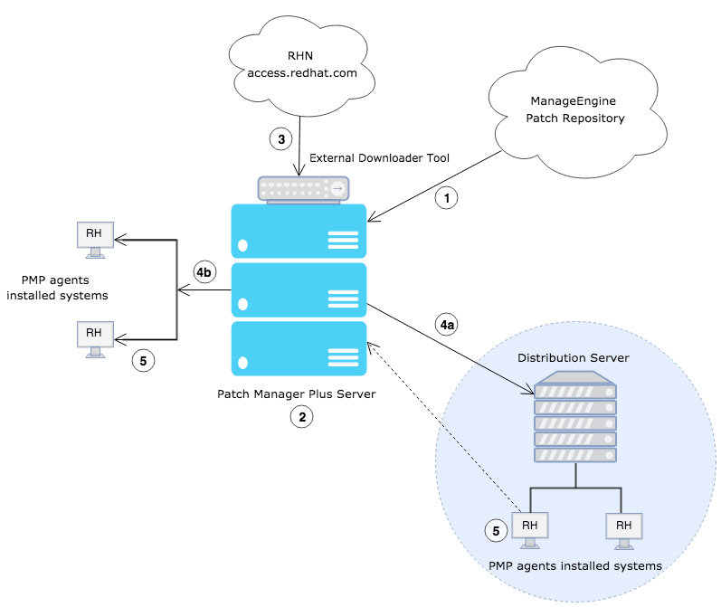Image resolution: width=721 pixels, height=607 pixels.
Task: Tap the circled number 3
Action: click(x=281, y=139)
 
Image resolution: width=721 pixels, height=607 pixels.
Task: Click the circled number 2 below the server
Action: click(x=300, y=417)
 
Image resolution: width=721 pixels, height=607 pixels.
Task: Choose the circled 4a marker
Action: click(x=446, y=323)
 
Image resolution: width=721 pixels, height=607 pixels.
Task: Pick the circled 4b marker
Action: click(x=204, y=271)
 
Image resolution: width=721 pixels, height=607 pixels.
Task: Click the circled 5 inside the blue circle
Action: click(x=495, y=531)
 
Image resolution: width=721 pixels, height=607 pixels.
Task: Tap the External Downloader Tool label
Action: click(x=380, y=157)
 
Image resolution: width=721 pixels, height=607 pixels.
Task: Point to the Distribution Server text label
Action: click(x=574, y=358)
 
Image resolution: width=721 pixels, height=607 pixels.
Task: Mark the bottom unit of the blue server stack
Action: click(x=299, y=349)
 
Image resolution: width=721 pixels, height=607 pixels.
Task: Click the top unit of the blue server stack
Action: click(x=299, y=231)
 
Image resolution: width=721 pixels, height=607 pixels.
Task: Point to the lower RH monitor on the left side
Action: click(x=94, y=336)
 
